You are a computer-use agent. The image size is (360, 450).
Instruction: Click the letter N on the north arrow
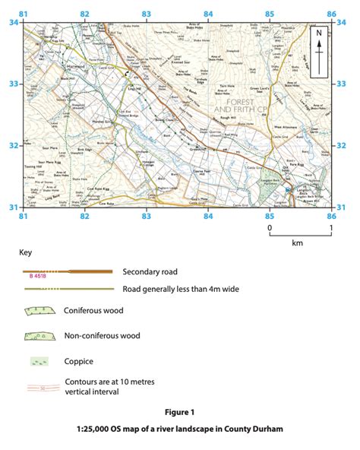(x=319, y=33)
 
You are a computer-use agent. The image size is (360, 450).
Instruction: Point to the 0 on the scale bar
(x=269, y=227)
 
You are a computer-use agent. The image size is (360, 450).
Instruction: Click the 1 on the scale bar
(x=330, y=227)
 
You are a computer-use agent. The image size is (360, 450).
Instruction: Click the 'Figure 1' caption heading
(x=179, y=413)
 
